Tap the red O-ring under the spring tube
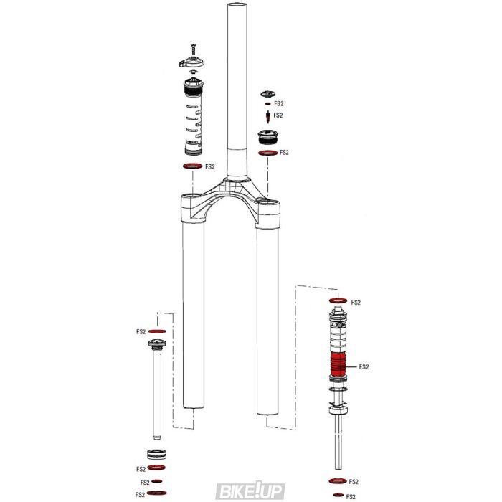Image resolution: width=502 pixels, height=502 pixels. point(191,166)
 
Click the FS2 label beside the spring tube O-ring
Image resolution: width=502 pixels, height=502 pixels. point(210,166)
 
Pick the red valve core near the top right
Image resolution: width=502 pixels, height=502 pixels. point(268,115)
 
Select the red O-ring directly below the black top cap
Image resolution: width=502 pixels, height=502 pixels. point(267,153)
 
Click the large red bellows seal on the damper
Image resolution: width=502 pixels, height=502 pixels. point(338,366)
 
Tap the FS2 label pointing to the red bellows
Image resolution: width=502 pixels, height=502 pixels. point(364,366)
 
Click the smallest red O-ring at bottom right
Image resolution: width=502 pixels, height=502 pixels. point(338,496)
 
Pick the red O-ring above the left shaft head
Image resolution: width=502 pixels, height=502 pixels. point(157,331)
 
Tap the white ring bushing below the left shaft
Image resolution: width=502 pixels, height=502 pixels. point(157,455)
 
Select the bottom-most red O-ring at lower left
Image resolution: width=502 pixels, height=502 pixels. point(157,493)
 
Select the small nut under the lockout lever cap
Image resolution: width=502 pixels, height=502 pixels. point(191,71)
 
